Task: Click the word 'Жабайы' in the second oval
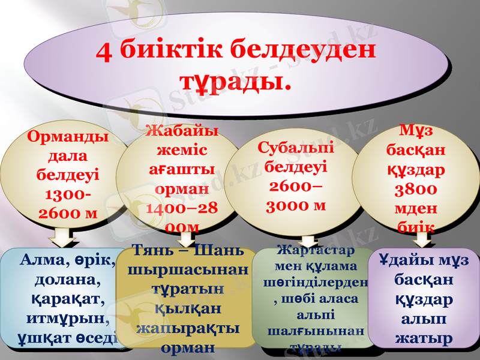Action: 182,130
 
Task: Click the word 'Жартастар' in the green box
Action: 314,250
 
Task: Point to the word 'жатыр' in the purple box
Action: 423,338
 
